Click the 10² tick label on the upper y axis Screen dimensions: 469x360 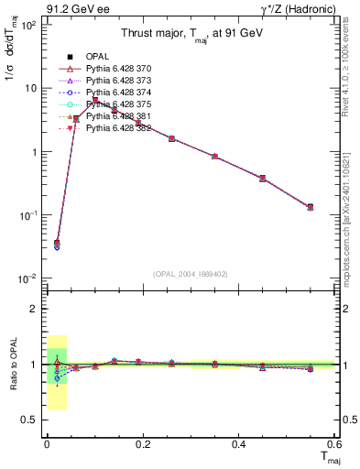(27, 25)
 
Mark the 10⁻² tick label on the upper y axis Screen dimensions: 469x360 (27, 278)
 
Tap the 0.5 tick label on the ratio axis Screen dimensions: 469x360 (30, 420)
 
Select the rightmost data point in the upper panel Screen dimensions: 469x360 (311, 207)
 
